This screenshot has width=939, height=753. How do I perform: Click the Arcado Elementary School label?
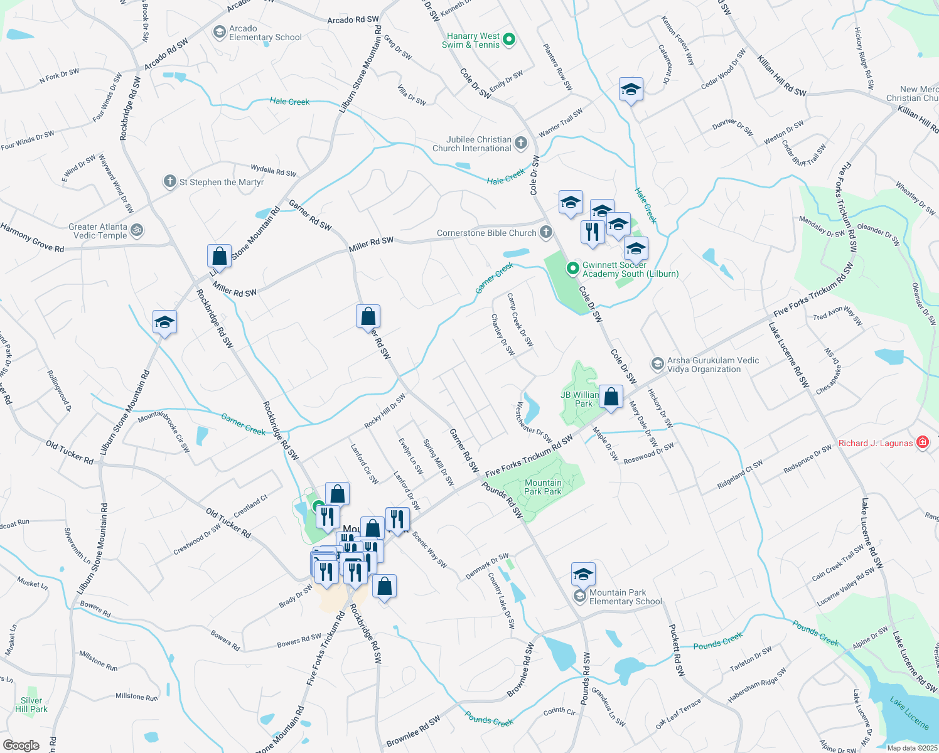[x=265, y=33]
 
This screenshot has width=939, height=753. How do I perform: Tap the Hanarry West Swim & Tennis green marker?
[x=510, y=40]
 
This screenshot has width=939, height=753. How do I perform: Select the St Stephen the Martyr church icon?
[x=169, y=182]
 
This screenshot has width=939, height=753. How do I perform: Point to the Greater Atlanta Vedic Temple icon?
[x=137, y=231]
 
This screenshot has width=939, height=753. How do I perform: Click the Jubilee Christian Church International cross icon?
[x=521, y=144]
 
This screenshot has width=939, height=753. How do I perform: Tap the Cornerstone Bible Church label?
[x=486, y=233]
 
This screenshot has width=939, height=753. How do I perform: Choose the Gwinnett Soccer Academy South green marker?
[x=572, y=269]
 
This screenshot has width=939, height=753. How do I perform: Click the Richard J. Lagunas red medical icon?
[x=923, y=442]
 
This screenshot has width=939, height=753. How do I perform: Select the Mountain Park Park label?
[x=543, y=487]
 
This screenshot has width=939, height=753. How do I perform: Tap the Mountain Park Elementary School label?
[x=625, y=597]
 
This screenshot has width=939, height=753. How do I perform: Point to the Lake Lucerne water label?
[x=909, y=712]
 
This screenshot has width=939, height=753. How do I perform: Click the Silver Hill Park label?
[x=31, y=705]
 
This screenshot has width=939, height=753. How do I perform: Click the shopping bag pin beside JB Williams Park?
[x=611, y=397]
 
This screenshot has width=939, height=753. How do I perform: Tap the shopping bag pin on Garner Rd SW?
[x=368, y=316]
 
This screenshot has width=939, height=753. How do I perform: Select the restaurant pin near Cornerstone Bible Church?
[x=593, y=232]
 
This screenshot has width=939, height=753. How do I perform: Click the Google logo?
[x=21, y=745]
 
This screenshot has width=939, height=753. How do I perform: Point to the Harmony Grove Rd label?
[x=32, y=238]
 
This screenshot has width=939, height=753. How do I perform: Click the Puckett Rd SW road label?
[x=676, y=649]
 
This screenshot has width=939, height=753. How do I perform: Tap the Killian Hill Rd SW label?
[x=781, y=76]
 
